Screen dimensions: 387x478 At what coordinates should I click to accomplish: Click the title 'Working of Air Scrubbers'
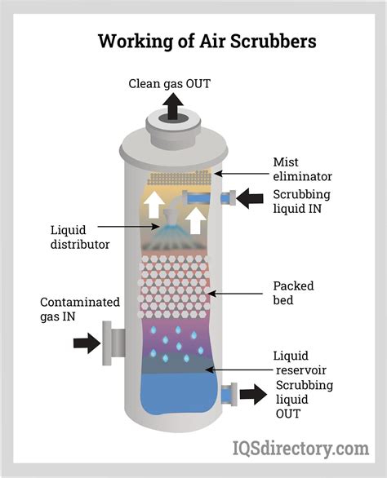tap(207, 41)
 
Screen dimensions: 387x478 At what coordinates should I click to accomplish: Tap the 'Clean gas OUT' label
tap(169, 83)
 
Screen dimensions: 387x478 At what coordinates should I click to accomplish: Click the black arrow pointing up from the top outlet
tap(173, 106)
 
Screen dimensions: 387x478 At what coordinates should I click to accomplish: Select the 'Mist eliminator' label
tap(302, 169)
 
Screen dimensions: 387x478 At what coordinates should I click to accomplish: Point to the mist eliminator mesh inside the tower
tap(179, 178)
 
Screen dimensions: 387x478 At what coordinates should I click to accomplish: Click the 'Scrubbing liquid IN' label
tap(301, 201)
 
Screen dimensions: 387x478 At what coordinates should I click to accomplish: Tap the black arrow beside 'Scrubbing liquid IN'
tap(250, 198)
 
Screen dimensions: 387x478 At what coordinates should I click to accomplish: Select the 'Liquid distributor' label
tap(80, 237)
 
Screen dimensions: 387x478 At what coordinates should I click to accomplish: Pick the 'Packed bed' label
tap(293, 293)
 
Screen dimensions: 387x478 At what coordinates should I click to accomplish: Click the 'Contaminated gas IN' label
tap(80, 309)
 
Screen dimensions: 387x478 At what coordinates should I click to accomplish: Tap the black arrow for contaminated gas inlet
tap(87, 343)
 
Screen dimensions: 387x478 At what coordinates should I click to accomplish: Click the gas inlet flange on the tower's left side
tap(107, 343)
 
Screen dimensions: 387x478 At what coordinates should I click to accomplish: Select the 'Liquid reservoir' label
tap(301, 363)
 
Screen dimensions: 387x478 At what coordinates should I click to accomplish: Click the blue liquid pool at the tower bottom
tap(179, 394)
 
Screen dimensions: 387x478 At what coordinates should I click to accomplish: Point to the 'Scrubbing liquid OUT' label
tap(305, 400)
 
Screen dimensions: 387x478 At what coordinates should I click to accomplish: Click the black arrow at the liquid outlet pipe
tap(253, 394)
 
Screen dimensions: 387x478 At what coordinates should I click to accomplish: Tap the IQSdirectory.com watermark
tap(300, 449)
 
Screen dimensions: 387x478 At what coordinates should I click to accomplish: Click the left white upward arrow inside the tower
tap(154, 205)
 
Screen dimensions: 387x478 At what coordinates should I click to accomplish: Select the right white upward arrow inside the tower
tap(196, 220)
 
